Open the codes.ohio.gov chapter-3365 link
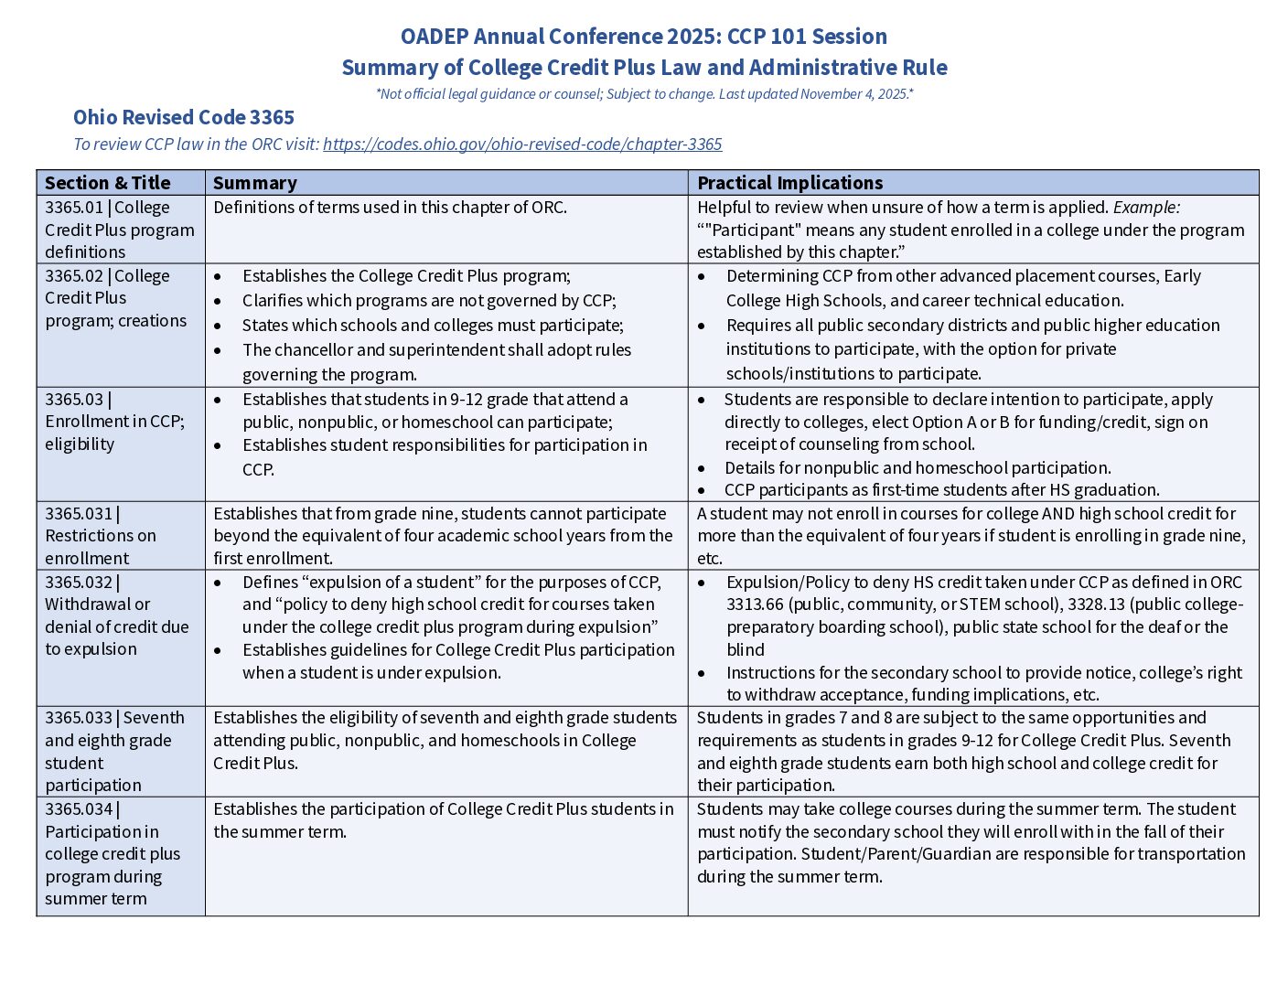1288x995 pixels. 522,144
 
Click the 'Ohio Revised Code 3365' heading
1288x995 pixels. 184,118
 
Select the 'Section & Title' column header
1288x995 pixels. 108,183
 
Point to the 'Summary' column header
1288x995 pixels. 255,183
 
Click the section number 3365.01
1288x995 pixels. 74,208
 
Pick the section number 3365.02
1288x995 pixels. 74,276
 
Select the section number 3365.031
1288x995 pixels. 79,514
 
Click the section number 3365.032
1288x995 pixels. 79,583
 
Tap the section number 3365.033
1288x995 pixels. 79,718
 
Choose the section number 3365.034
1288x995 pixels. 79,809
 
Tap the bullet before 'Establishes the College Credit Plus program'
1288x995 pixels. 218,276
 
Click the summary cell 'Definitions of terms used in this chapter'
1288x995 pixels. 390,208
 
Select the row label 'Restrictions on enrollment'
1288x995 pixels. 100,547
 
